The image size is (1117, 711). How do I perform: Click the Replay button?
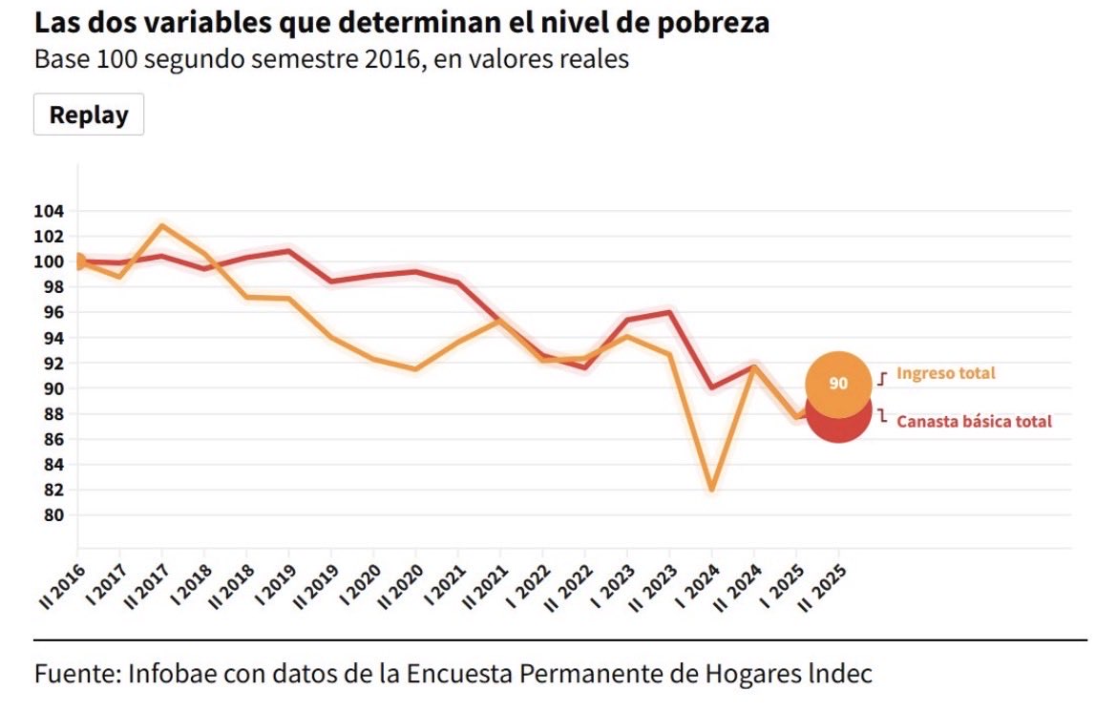point(89,115)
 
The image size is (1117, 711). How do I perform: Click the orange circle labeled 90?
point(838,382)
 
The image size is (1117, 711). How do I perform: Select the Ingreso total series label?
point(945,373)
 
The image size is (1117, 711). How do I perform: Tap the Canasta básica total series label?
point(974,421)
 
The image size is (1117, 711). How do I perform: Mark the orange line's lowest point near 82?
point(711,489)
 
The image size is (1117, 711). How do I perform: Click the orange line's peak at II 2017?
point(161,226)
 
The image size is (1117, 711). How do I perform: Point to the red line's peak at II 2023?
point(669,312)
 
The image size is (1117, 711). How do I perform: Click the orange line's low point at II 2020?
point(415,369)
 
